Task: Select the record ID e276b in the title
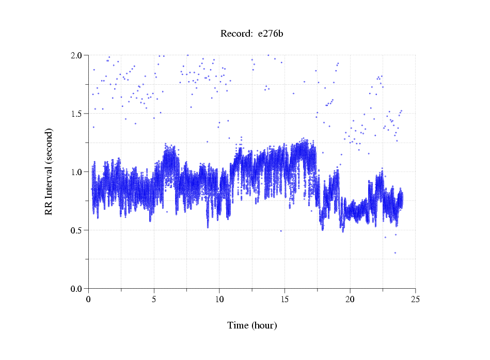[x=271, y=34]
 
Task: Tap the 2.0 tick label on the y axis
[x=77, y=55]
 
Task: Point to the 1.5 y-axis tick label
[x=77, y=114]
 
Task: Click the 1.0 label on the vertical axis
[x=77, y=172]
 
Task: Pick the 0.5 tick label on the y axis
[x=77, y=230]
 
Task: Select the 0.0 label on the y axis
[x=77, y=289]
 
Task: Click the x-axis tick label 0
[x=89, y=299]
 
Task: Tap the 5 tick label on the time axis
[x=154, y=299]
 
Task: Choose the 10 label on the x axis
[x=219, y=299]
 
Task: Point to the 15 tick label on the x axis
[x=284, y=299]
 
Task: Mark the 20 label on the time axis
[x=350, y=299]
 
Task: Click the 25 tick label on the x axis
[x=415, y=299]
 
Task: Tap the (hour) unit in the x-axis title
[x=264, y=326]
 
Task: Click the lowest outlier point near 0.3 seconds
[x=395, y=253]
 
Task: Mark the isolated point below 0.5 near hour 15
[x=281, y=231]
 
